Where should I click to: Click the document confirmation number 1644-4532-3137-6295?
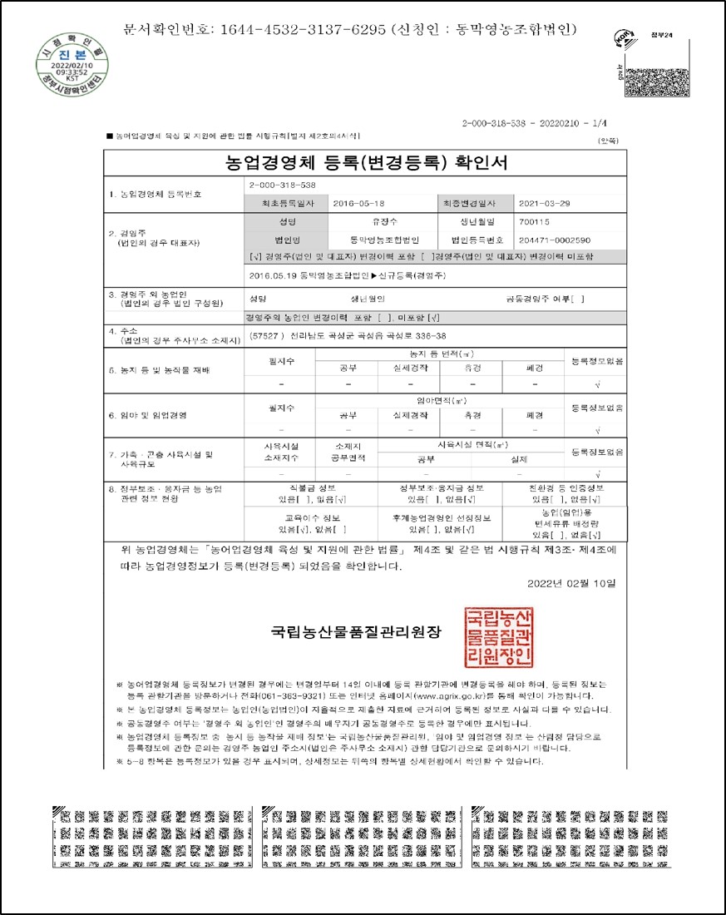(303, 29)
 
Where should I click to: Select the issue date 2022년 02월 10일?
(572, 583)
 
